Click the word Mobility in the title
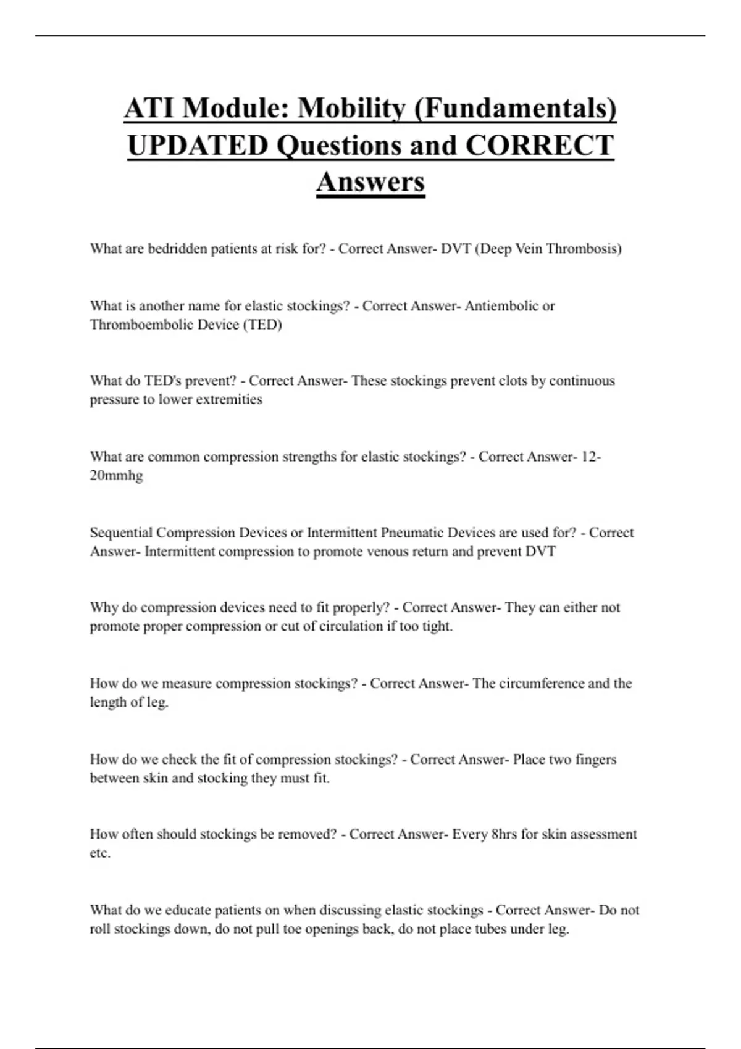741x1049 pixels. click(351, 109)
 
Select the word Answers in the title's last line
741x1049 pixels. click(371, 181)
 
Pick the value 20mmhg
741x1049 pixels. click(116, 476)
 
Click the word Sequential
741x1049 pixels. click(121, 533)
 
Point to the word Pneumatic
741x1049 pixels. click(412, 533)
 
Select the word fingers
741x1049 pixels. click(596, 760)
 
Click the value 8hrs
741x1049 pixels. click(503, 835)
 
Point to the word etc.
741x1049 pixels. click(100, 854)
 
